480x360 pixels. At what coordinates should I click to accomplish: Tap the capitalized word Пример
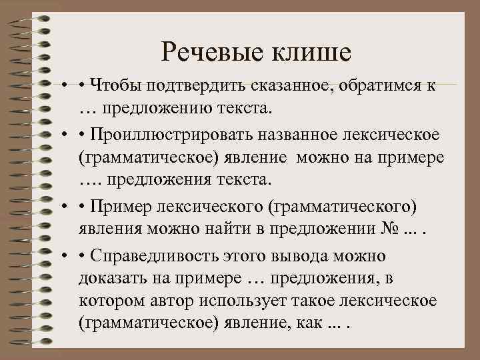coord(114,205)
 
